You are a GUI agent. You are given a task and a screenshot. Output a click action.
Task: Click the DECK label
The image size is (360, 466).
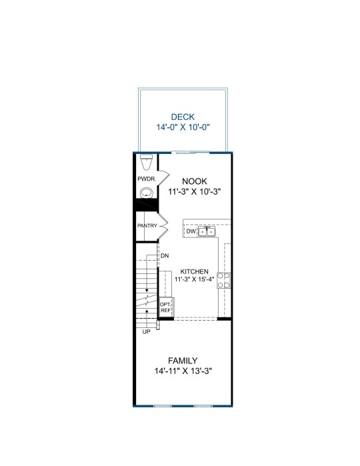coord(183,117)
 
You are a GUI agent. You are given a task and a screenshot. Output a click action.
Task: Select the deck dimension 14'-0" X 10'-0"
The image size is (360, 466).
coord(183,127)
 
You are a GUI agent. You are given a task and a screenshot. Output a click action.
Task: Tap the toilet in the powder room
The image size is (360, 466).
coord(146,162)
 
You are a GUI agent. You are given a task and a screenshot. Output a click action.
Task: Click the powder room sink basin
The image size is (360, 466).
coord(146,193)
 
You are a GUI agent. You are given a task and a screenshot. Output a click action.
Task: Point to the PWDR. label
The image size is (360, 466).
coord(147,179)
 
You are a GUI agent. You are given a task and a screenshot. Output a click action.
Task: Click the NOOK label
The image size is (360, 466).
coord(195,181)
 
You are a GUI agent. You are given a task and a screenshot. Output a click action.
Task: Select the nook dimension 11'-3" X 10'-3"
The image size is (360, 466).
coord(195,192)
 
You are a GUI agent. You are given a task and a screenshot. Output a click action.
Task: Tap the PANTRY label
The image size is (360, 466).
coord(147,225)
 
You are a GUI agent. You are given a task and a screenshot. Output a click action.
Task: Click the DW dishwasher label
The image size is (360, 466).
coord(191,231)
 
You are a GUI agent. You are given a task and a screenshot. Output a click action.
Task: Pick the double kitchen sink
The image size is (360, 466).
coord(207,231)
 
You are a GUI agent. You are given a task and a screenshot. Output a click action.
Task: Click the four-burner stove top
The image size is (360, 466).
coord(223,280)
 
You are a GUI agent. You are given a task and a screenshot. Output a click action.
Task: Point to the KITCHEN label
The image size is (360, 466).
coord(195,271)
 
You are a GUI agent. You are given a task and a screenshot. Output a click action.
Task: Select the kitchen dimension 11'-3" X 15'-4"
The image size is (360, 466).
coord(195,279)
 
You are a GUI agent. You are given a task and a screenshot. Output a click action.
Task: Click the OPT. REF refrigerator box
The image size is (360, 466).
coord(165,307)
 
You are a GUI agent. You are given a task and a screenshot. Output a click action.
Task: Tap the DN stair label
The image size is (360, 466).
coord(165,255)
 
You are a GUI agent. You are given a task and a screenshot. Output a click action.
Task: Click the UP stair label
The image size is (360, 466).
coord(146,332)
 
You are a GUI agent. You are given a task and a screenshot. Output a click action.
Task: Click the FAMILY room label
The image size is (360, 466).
coord(183,361)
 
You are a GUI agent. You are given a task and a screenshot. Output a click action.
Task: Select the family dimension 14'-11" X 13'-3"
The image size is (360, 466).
coord(183,371)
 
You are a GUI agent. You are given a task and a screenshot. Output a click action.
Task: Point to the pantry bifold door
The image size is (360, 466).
coord(163,226)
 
